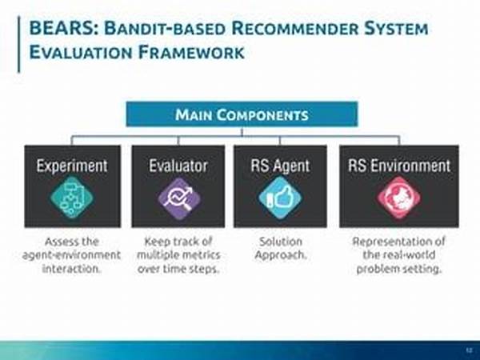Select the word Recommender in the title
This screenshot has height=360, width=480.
(294, 29)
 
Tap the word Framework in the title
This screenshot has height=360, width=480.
(190, 52)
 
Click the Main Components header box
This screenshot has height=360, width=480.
(242, 114)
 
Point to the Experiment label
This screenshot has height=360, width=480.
(72, 166)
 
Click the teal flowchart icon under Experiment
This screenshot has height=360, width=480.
(72, 198)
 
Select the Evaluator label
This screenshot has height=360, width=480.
(178, 166)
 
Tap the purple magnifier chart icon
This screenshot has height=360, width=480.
(179, 199)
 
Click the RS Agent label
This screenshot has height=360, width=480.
(280, 166)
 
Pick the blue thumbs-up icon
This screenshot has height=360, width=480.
(281, 198)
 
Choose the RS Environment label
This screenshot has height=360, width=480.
(399, 166)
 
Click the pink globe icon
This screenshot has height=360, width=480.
(399, 198)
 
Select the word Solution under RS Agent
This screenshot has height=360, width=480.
(281, 242)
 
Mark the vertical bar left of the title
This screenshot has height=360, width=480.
(19, 44)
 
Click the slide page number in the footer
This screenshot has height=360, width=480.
(469, 350)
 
